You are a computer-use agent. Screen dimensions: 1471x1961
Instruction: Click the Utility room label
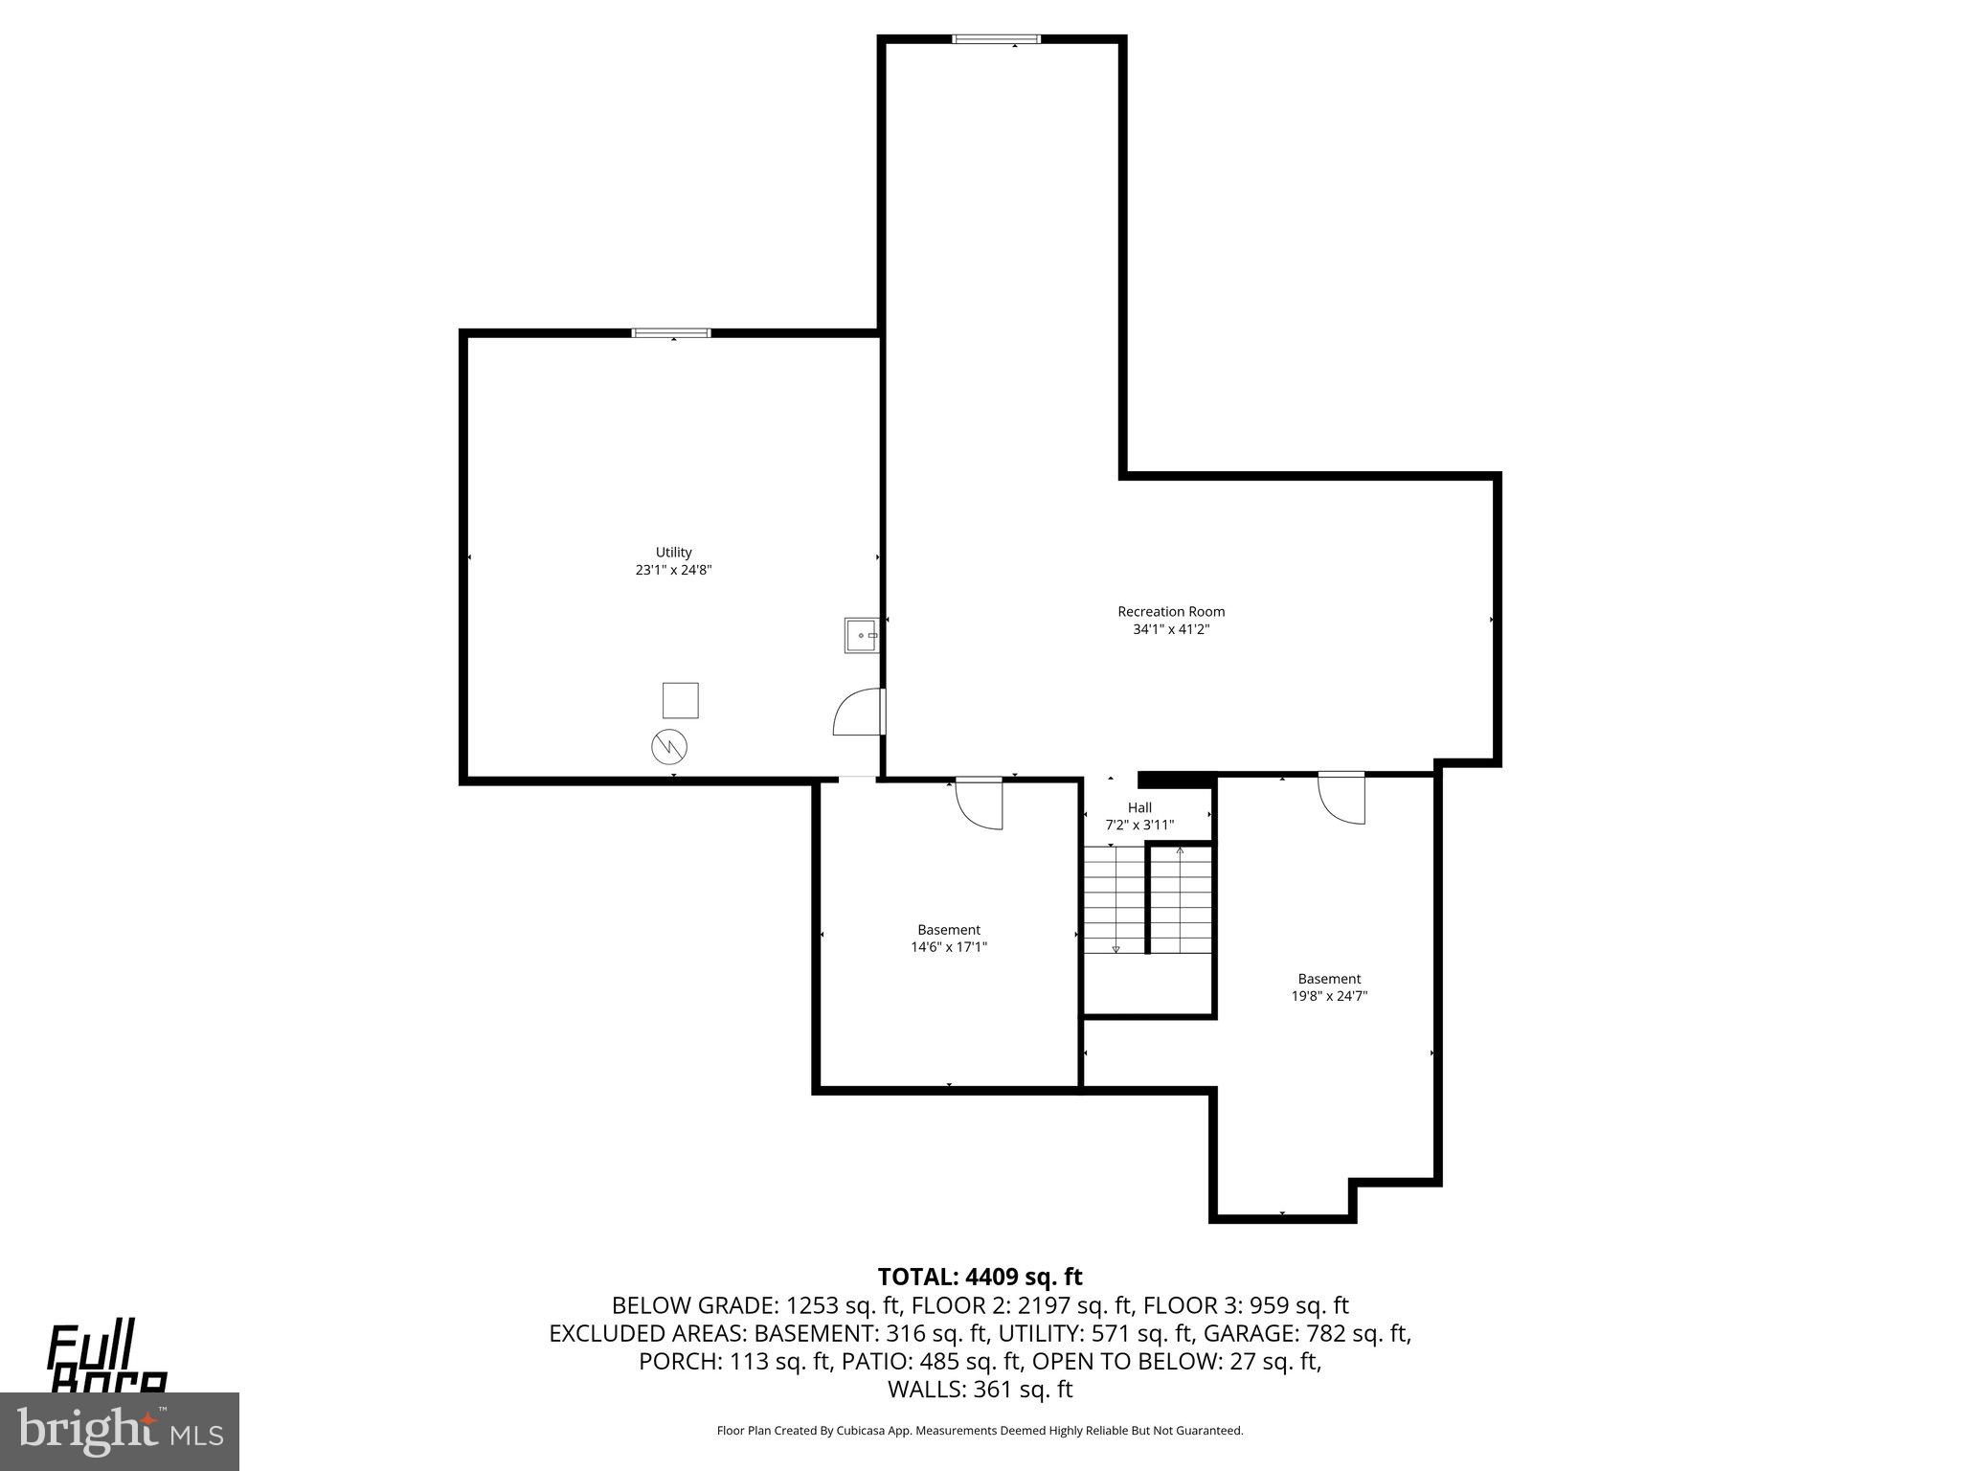click(673, 552)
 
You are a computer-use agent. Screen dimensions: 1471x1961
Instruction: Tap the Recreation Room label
click(1171, 611)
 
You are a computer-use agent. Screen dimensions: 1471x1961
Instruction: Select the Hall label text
click(1139, 807)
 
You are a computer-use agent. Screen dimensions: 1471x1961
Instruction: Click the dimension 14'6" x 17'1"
click(948, 947)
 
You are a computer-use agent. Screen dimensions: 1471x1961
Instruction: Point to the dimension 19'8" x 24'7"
click(1329, 996)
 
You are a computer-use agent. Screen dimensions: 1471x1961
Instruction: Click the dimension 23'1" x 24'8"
click(673, 570)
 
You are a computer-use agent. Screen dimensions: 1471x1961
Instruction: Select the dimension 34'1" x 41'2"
click(1171, 629)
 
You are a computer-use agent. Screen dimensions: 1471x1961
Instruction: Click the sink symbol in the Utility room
click(861, 635)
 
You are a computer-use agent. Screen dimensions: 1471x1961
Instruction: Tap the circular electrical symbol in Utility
click(669, 747)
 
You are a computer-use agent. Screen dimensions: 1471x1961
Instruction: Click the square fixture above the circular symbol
click(681, 700)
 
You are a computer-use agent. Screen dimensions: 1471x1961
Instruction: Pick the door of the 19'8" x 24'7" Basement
click(1341, 796)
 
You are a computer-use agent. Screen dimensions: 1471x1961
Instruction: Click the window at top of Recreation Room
click(996, 39)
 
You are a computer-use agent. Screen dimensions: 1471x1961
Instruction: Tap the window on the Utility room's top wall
click(671, 332)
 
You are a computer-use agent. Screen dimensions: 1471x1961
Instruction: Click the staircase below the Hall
click(1147, 900)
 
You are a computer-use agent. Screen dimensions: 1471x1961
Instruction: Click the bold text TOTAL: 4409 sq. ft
click(980, 1277)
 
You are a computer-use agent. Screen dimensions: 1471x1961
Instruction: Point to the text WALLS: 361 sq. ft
click(980, 1390)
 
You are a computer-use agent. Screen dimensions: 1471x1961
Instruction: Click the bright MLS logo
click(120, 1431)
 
